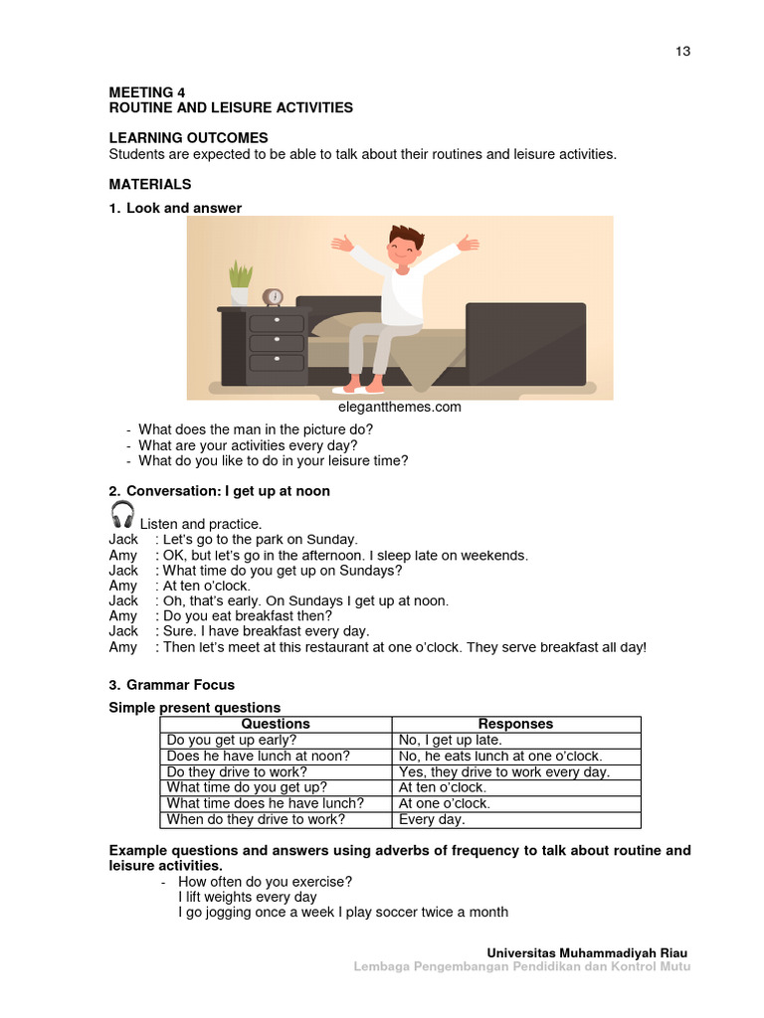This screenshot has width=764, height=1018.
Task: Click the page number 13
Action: (682, 52)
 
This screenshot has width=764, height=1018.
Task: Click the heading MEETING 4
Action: (147, 92)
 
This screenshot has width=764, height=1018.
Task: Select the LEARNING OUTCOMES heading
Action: (188, 138)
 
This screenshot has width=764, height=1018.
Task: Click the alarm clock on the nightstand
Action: (273, 297)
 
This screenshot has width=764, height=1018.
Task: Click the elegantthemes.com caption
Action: (400, 407)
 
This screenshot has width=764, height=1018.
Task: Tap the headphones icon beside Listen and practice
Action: (122, 514)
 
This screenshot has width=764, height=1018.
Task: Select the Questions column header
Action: (276, 724)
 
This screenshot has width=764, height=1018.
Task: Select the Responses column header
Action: (515, 724)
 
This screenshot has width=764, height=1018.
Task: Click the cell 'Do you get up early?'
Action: (232, 740)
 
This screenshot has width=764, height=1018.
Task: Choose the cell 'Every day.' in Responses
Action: (432, 819)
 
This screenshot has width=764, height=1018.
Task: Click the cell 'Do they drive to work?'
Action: (237, 771)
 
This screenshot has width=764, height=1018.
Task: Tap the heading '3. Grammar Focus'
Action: (171, 685)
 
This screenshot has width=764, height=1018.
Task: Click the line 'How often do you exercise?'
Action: (265, 882)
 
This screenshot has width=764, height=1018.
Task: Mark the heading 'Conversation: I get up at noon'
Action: (228, 491)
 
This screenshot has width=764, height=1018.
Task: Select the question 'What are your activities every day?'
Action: (248, 445)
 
